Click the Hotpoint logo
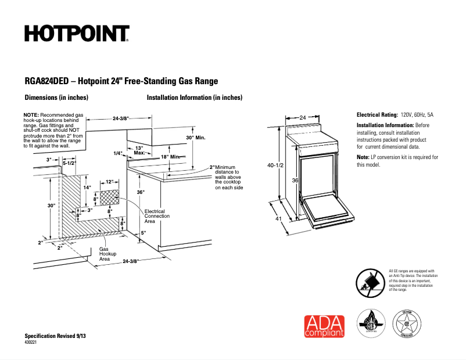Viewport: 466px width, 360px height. [77, 34]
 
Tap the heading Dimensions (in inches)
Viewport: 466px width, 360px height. [56, 98]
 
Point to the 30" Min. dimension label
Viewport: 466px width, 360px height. [196, 138]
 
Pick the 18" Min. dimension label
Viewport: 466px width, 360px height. [173, 157]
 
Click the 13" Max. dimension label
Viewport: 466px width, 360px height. [139, 151]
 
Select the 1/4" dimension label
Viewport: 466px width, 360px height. [119, 154]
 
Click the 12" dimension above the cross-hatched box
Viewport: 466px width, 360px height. [109, 182]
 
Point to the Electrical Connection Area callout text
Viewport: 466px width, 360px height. [157, 216]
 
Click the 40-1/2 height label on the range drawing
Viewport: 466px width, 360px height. [275, 165]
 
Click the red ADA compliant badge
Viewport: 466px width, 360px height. [324, 326]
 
